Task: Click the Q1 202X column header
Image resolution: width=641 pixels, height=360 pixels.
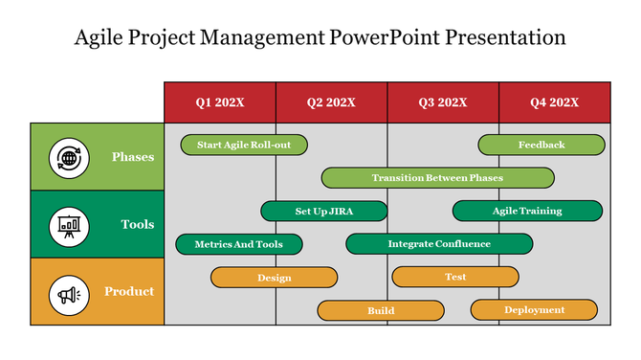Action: [220, 102]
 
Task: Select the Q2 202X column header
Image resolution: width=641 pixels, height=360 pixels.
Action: [331, 102]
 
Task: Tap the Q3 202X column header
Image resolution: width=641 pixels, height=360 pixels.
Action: [443, 102]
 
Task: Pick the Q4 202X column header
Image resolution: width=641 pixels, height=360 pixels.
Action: [554, 102]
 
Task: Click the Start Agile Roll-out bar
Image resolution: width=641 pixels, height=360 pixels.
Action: [244, 145]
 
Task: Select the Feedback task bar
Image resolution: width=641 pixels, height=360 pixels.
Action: [542, 145]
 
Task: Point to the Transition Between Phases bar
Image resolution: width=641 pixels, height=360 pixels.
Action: [437, 178]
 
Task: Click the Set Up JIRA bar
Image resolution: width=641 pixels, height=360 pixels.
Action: [324, 211]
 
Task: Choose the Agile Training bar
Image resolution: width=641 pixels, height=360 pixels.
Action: [527, 211]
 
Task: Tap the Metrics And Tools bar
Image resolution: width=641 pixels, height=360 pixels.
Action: [239, 244]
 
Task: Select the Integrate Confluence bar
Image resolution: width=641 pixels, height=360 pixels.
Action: [439, 244]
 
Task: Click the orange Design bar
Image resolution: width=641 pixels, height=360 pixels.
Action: [274, 278]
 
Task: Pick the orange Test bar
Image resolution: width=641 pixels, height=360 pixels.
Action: [455, 277]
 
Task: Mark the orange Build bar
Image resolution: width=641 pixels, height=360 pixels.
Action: [381, 310]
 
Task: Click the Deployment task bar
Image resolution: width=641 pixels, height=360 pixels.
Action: [534, 309]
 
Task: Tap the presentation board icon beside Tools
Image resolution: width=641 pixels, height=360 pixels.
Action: [68, 225]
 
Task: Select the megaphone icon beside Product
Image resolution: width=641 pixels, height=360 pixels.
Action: [68, 292]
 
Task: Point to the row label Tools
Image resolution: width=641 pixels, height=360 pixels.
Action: [137, 225]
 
